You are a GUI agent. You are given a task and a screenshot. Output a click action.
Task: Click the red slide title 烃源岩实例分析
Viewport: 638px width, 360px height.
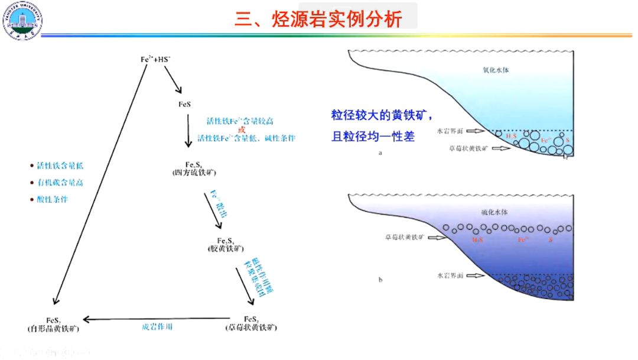click(318, 18)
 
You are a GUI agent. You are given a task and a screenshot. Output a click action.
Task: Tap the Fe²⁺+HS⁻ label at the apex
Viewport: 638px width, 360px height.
click(156, 59)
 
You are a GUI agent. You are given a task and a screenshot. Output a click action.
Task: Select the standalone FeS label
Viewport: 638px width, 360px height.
click(185, 105)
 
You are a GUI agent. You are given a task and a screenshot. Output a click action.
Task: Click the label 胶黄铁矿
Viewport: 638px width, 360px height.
click(226, 249)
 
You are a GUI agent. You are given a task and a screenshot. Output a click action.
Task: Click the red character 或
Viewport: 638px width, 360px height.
click(241, 129)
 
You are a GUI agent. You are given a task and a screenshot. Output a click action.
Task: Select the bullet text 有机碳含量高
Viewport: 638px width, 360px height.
click(60, 183)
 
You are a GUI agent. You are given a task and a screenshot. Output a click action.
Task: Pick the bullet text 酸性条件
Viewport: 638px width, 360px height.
click(53, 199)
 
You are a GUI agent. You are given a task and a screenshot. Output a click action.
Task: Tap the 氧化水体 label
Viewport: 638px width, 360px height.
click(496, 70)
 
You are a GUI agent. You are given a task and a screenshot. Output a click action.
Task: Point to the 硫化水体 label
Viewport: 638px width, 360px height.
click(496, 211)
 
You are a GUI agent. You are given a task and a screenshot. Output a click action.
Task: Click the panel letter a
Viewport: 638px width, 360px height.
click(380, 153)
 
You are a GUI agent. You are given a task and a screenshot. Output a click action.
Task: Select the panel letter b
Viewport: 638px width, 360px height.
click(380, 280)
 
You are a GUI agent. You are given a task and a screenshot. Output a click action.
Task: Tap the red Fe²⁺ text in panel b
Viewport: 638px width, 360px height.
click(522, 239)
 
